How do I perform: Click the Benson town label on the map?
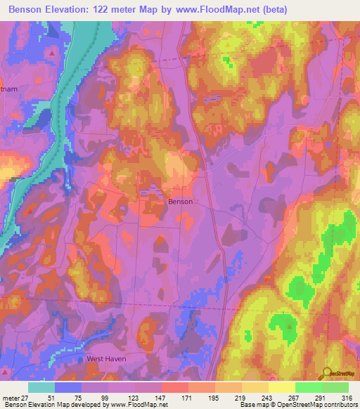[x=180, y=201]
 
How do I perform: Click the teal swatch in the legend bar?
[x=41, y=387]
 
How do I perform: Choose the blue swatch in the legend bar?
[x=68, y=387]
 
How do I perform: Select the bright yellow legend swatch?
[x=281, y=387]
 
